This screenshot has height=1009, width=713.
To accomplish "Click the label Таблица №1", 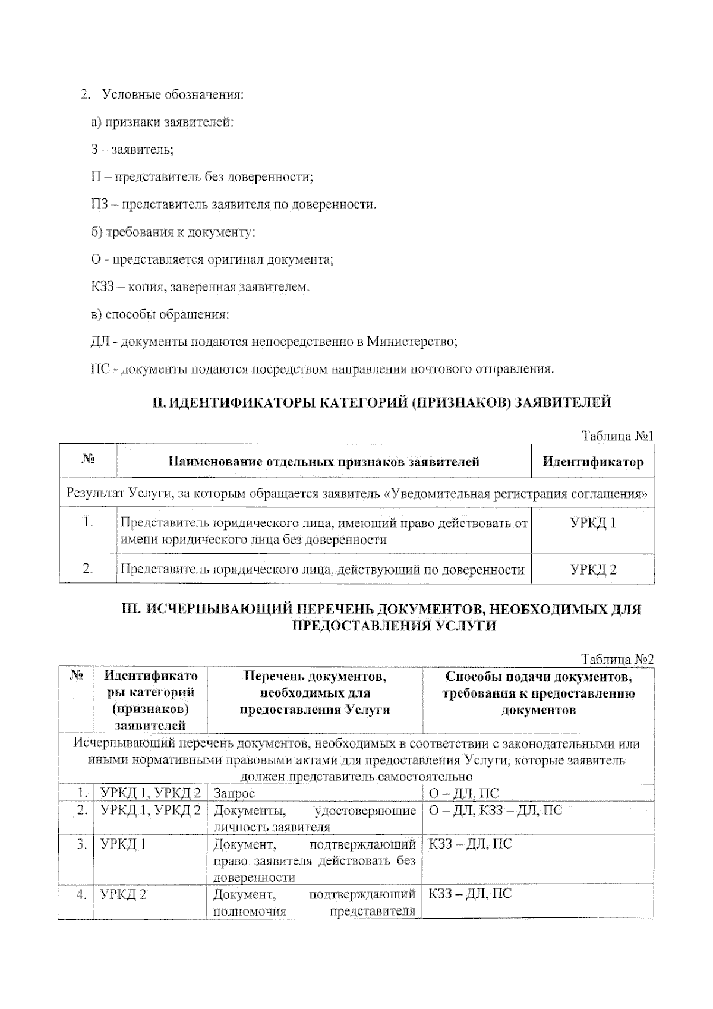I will click(x=617, y=436).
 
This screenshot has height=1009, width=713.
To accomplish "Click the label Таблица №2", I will click(x=617, y=660).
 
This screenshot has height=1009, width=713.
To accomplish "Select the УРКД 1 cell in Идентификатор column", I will click(x=592, y=524).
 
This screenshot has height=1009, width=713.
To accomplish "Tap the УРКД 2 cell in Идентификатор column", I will click(x=592, y=570).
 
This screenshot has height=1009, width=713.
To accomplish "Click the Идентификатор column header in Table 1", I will click(x=592, y=462).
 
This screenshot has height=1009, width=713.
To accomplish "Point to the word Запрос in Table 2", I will click(x=234, y=793).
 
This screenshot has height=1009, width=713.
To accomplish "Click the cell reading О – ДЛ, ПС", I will click(x=463, y=793).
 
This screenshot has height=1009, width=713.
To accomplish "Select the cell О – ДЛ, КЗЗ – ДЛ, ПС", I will click(x=495, y=810).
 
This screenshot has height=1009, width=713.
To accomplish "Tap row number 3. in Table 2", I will click(x=82, y=844).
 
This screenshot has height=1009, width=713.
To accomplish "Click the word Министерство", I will click(x=411, y=342).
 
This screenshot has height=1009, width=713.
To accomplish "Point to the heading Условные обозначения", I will click(x=173, y=94).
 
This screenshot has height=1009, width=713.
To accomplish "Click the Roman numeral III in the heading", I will click(x=129, y=609).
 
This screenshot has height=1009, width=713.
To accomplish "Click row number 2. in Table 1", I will click(x=88, y=569).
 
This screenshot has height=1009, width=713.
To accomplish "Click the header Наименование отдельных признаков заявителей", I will click(x=324, y=462).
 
